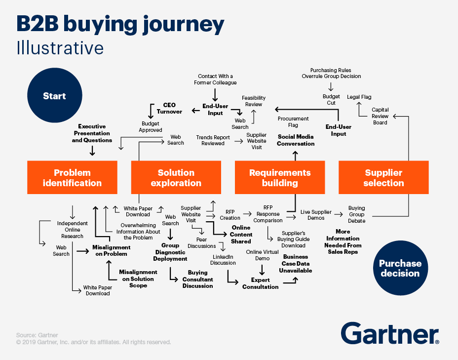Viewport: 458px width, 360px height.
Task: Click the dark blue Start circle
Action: pyautogui.click(x=55, y=95)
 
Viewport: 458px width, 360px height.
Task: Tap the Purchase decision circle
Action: pyautogui.click(x=400, y=268)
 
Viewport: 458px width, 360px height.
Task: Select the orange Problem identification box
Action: pyautogui.click(x=72, y=177)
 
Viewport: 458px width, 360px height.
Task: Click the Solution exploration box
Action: pyautogui.click(x=176, y=177)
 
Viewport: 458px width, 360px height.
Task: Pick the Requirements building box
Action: pyautogui.click(x=280, y=177)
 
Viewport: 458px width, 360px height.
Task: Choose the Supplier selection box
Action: pyautogui.click(x=383, y=177)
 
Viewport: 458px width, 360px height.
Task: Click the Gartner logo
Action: pyautogui.click(x=390, y=333)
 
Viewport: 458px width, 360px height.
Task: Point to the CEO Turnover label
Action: pyautogui.click(x=169, y=108)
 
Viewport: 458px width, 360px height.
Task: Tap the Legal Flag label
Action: pyautogui.click(x=359, y=97)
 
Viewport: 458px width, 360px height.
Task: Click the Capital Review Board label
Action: pyautogui.click(x=380, y=116)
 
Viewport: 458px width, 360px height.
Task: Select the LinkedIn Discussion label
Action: pyautogui.click(x=223, y=260)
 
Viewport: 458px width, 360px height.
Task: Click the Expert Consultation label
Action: pyautogui.click(x=260, y=283)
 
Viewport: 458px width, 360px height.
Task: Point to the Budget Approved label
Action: pyautogui.click(x=151, y=127)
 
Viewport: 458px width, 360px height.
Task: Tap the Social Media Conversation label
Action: pyautogui.click(x=296, y=140)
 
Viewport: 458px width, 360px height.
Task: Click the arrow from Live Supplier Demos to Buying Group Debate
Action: pyautogui.click(x=339, y=214)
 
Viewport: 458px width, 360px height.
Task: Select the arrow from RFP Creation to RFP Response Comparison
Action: pyautogui.click(x=247, y=214)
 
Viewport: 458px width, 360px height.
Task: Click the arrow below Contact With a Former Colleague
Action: pyautogui.click(x=215, y=95)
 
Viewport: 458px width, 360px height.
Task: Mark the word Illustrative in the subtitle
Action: pyautogui.click(x=60, y=48)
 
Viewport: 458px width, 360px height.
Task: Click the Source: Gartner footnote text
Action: pyautogui.click(x=37, y=335)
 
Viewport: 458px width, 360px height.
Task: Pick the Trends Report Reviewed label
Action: pyautogui.click(x=213, y=140)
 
